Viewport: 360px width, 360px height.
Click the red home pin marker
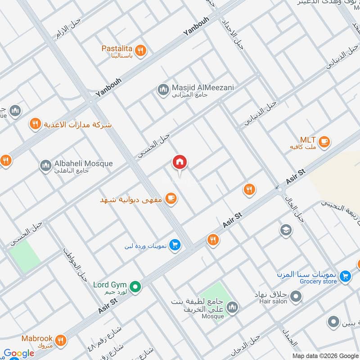[180, 162]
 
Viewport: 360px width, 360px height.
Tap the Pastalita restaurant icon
[141, 51]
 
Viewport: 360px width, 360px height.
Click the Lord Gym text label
[110, 284]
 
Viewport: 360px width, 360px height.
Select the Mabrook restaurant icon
[58, 340]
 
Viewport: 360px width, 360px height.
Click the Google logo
[19, 353]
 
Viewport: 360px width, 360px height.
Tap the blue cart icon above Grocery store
[345, 275]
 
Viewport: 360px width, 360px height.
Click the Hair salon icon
[296, 296]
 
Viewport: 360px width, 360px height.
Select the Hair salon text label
[273, 301]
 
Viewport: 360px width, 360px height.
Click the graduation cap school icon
[285, 230]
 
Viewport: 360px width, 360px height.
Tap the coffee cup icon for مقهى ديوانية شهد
[171, 198]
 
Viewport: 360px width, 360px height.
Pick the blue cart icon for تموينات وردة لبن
[175, 245]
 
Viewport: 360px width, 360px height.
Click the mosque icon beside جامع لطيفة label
[232, 307]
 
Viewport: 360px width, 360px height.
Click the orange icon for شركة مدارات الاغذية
[35, 124]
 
